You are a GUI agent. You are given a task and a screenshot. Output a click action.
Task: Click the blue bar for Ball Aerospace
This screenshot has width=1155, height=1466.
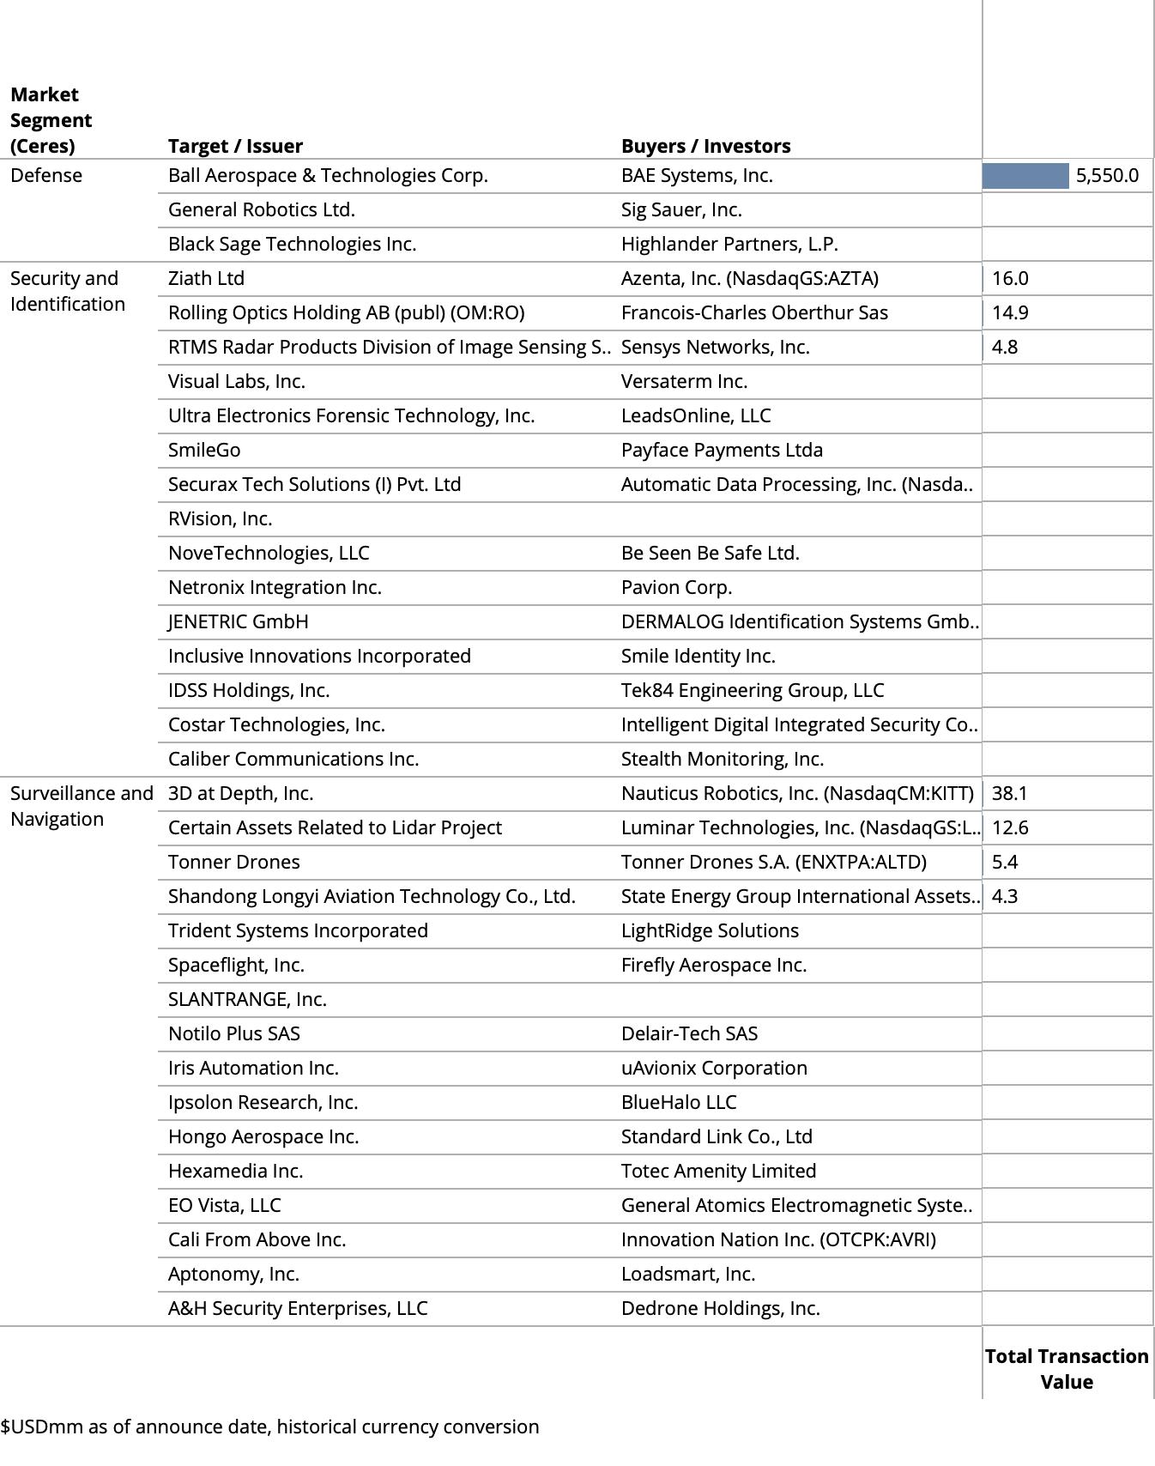tap(1025, 176)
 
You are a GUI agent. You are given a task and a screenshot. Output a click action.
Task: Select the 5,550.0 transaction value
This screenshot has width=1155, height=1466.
tap(1107, 176)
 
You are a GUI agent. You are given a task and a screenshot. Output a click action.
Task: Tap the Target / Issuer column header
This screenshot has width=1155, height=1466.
tap(235, 146)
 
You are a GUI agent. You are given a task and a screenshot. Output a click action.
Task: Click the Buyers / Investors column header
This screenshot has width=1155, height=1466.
tap(705, 146)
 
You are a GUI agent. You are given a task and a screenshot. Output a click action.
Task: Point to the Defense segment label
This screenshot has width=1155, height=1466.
tap(46, 176)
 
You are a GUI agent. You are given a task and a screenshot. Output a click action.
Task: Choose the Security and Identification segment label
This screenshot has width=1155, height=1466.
tap(67, 291)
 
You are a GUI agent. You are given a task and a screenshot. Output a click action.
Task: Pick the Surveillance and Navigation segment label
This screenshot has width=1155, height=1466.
tap(82, 806)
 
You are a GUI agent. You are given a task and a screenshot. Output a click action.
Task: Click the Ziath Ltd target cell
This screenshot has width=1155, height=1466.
tap(206, 279)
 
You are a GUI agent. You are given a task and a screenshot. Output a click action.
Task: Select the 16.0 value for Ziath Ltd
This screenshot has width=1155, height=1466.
tap(1010, 279)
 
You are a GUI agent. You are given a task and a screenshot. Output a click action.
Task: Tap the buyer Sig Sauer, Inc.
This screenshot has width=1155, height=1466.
tap(681, 210)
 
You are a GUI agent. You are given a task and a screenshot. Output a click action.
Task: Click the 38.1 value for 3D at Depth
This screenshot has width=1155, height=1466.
tap(1010, 794)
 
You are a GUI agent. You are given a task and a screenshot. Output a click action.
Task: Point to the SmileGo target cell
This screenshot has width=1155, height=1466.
tap(204, 451)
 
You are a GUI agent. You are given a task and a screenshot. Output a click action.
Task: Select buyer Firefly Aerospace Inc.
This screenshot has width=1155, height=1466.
tap(714, 966)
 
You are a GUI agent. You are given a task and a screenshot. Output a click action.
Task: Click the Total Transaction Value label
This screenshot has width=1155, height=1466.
tap(1067, 1369)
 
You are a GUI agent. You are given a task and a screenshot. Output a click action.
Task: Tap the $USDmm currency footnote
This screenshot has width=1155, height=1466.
tap(269, 1427)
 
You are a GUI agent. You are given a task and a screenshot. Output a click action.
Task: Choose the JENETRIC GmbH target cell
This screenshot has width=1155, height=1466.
tap(239, 622)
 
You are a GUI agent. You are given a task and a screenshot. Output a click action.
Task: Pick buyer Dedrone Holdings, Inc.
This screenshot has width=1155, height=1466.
tap(721, 1309)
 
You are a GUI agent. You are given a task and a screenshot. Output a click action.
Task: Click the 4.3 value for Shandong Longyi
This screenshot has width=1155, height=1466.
tap(1005, 897)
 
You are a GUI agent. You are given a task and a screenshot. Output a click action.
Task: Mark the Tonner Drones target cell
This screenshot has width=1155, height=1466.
tap(234, 863)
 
